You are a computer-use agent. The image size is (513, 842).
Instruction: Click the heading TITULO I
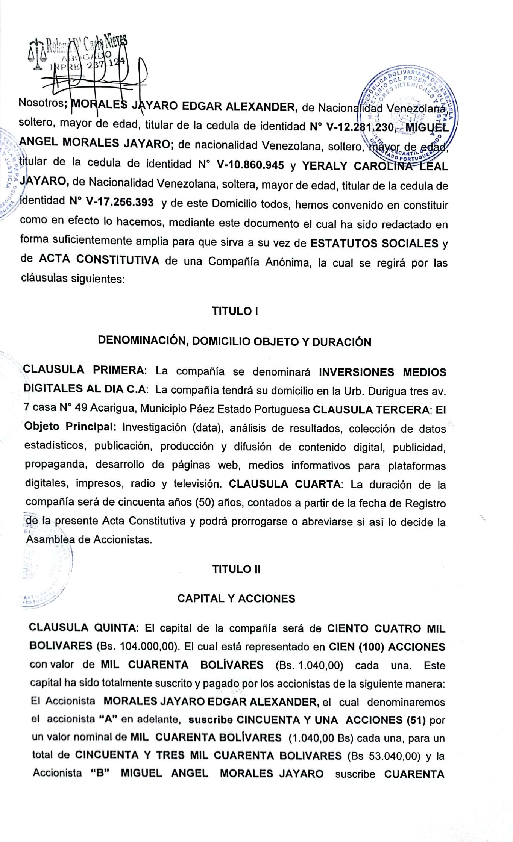pyautogui.click(x=235, y=311)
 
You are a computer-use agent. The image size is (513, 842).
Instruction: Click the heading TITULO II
pyautogui.click(x=236, y=569)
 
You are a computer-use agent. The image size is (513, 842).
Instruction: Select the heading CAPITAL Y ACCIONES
pyautogui.click(x=236, y=598)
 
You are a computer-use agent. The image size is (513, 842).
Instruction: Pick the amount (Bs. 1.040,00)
pyautogui.click(x=309, y=665)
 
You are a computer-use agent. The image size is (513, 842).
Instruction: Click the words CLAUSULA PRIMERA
pyautogui.click(x=83, y=370)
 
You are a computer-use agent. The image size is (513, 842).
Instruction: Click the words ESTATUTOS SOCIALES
pyautogui.click(x=374, y=244)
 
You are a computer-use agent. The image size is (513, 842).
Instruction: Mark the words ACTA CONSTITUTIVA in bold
pyautogui.click(x=99, y=260)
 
